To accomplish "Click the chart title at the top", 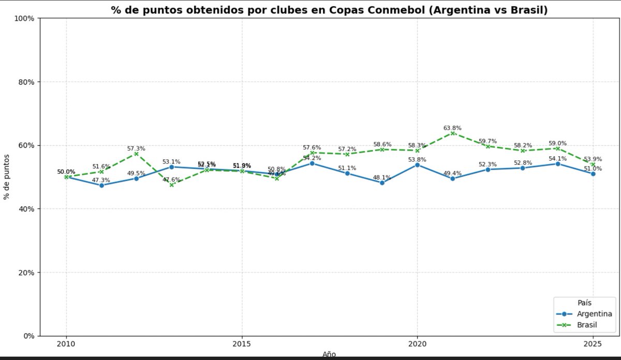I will pyautogui.click(x=329, y=10).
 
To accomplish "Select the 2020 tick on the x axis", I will pyautogui.click(x=417, y=344).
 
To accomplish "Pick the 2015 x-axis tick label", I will pyautogui.click(x=241, y=344).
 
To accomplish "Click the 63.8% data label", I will pyautogui.click(x=452, y=128).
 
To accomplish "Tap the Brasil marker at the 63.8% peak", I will pyautogui.click(x=452, y=133).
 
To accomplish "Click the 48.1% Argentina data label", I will pyautogui.click(x=382, y=177).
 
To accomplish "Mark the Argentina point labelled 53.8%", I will pyautogui.click(x=417, y=164).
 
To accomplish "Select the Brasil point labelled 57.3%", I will pyautogui.click(x=136, y=154).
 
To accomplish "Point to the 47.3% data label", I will pyautogui.click(x=101, y=180).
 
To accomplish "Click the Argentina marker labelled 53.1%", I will pyautogui.click(x=171, y=167).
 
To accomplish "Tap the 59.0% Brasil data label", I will pyautogui.click(x=557, y=143).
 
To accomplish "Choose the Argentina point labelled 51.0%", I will pyautogui.click(x=593, y=174).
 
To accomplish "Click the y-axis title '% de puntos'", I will pyautogui.click(x=7, y=177).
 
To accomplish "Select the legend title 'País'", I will pyautogui.click(x=585, y=303).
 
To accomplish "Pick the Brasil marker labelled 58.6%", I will pyautogui.click(x=382, y=149).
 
